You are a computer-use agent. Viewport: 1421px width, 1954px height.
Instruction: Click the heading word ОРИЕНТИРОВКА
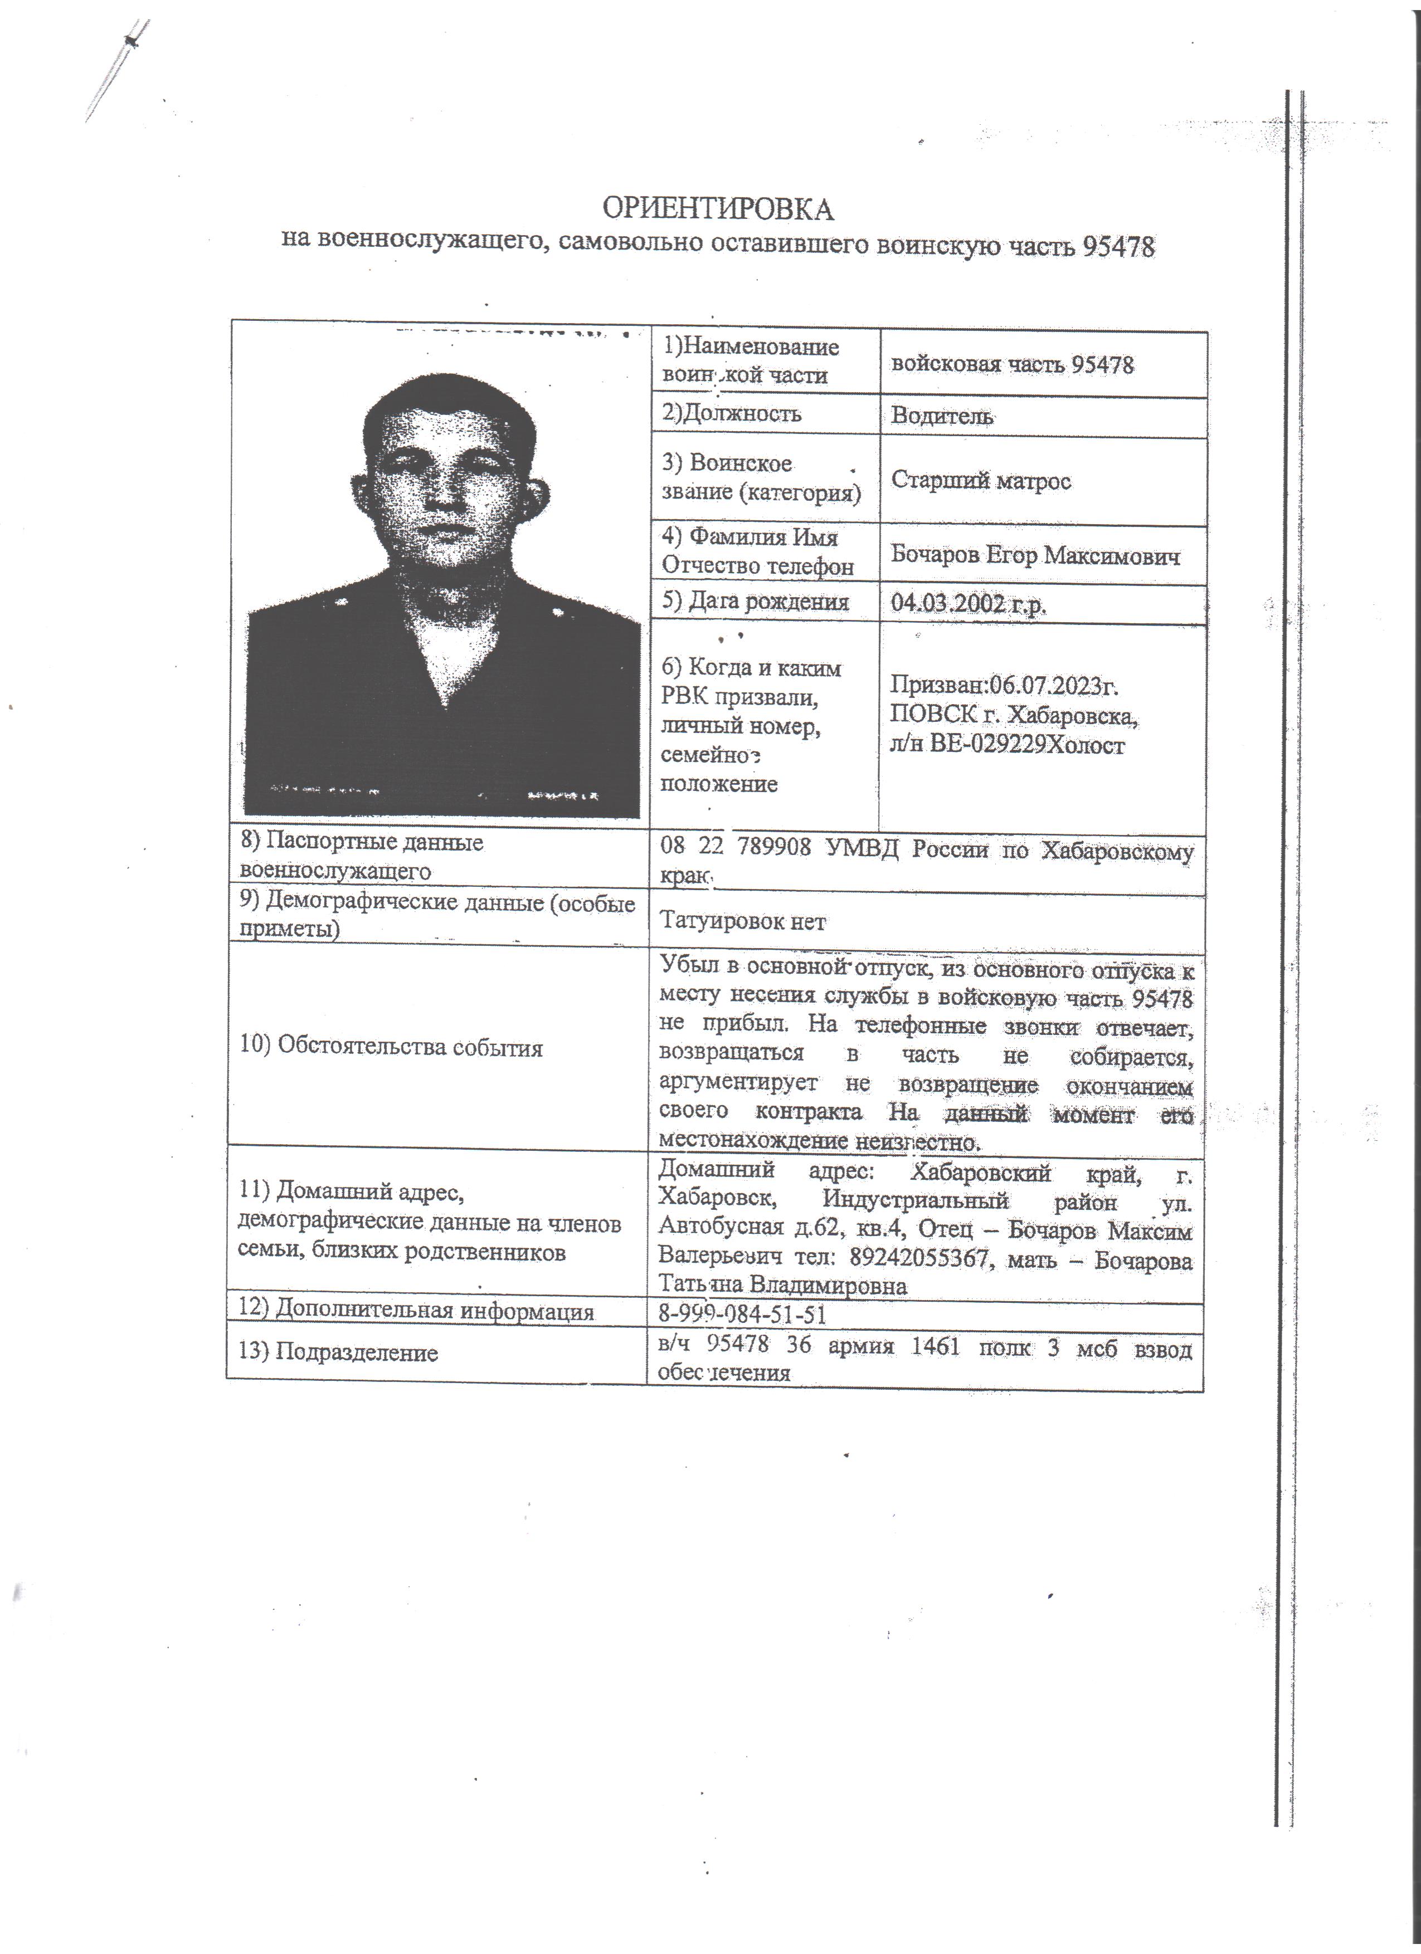click(717, 209)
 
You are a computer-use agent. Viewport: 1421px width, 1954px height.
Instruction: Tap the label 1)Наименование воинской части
click(749, 361)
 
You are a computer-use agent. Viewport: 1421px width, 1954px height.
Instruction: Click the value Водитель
click(941, 416)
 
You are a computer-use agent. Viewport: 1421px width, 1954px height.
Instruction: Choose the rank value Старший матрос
click(981, 480)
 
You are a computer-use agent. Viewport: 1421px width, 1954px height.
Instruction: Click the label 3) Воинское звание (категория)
click(760, 478)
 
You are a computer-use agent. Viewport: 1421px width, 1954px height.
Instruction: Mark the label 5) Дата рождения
click(755, 602)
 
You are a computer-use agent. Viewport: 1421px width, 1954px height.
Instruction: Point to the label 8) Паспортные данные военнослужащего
click(362, 856)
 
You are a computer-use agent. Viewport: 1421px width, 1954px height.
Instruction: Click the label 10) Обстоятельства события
click(391, 1048)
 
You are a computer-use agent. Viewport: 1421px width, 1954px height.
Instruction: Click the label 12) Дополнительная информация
click(416, 1311)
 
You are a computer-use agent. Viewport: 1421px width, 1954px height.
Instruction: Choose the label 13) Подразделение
click(338, 1352)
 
